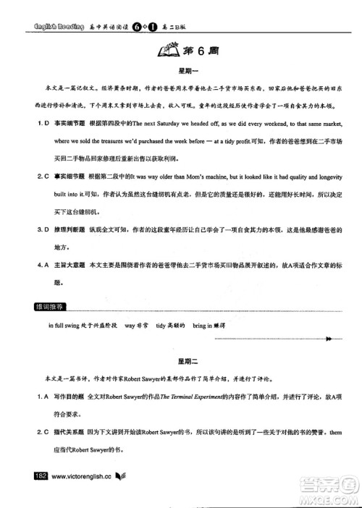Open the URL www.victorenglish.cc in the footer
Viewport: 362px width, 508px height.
point(80,476)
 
